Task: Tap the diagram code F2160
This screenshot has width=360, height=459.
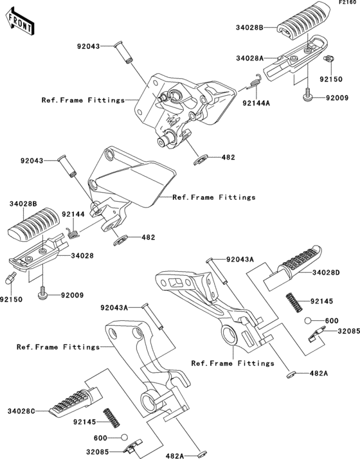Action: click(348, 3)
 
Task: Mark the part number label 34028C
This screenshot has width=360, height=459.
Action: click(25, 410)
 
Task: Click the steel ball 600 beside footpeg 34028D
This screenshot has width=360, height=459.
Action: click(308, 320)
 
